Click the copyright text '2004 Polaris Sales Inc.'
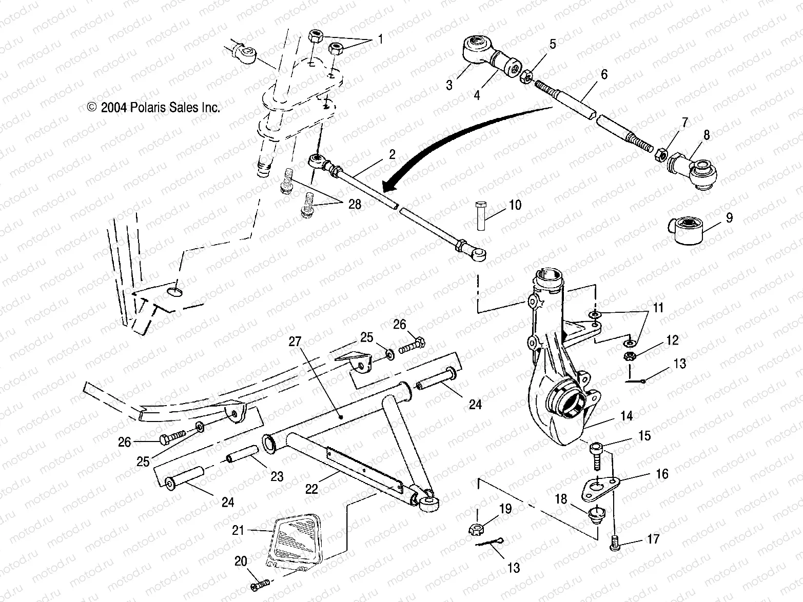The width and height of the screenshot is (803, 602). pyautogui.click(x=154, y=108)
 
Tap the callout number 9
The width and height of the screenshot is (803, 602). pyautogui.click(x=729, y=217)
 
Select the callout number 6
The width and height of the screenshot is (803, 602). pyautogui.click(x=603, y=74)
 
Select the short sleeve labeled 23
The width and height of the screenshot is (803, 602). pyautogui.click(x=241, y=455)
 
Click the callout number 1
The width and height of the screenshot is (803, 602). pyautogui.click(x=380, y=39)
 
